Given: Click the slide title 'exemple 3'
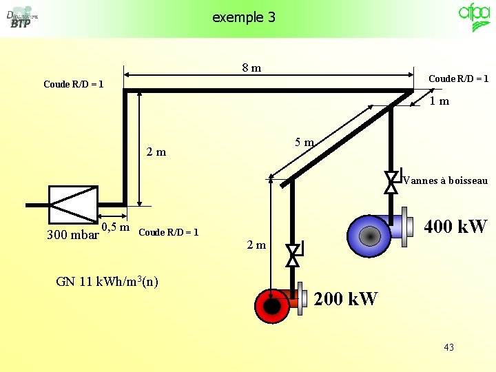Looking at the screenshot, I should click(244, 17).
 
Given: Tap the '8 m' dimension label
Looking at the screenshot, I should click(251, 68).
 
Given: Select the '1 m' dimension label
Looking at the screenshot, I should click(439, 101).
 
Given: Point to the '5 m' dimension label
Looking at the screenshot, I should click(304, 143).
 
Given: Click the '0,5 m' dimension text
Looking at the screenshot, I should click(116, 227).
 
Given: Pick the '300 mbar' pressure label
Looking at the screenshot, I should click(72, 235).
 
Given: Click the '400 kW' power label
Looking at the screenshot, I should click(455, 226).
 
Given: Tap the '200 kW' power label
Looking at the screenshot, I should click(346, 299).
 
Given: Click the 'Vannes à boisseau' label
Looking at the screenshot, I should click(445, 181).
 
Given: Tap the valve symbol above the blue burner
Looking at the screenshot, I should click(391, 182).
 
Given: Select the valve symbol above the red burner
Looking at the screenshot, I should click(293, 255).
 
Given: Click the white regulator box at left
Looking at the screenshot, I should click(73, 205).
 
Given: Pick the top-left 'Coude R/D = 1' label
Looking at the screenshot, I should click(74, 85).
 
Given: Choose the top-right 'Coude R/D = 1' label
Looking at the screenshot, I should click(458, 79).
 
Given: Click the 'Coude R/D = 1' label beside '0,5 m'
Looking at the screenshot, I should click(169, 232).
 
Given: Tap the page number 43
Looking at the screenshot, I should click(448, 347).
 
